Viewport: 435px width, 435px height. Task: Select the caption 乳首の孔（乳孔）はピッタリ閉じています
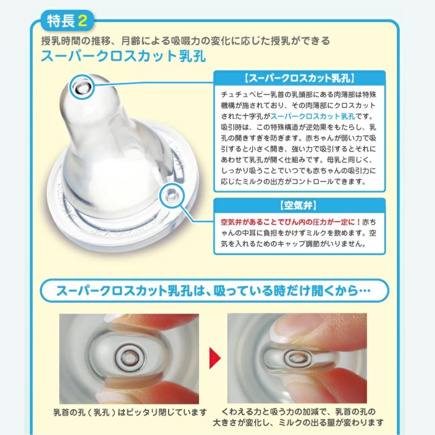point(130,412)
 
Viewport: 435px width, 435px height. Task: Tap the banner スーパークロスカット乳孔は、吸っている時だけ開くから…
point(214,292)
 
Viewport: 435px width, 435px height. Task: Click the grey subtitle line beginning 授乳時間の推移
point(185,41)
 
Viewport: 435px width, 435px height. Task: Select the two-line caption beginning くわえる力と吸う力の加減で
point(298,417)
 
